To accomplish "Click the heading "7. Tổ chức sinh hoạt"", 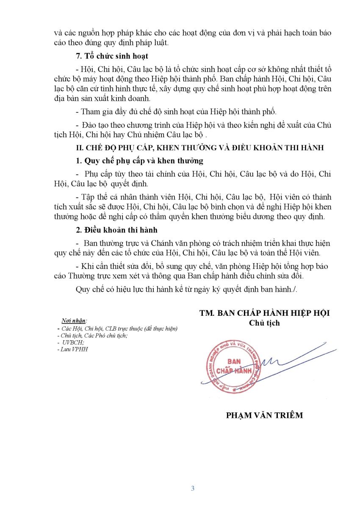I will [112, 56].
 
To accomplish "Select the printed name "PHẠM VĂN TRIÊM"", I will [265, 415].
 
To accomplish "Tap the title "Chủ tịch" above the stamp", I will [265, 323].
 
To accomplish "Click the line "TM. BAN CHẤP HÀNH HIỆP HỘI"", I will [265, 313].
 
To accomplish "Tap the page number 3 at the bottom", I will [193, 488].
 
